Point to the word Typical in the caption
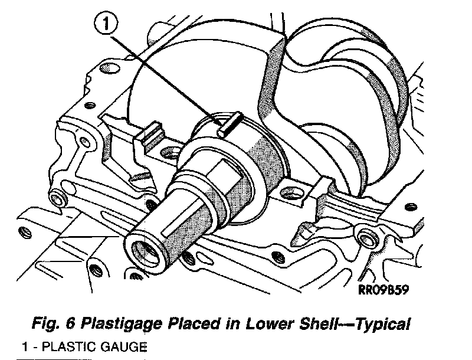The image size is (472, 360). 381,324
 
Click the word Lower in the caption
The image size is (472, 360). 264,324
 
